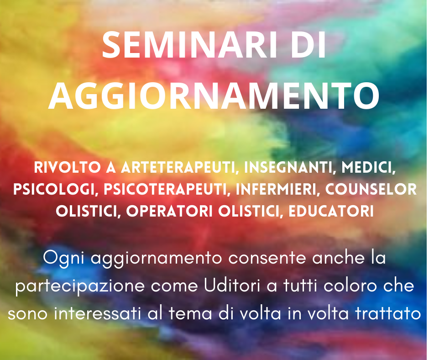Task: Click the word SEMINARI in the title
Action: coord(189,45)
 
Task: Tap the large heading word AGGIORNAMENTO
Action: coord(214,95)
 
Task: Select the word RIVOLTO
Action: coord(67,167)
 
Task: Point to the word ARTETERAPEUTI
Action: coord(178,167)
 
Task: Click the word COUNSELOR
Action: coord(371,189)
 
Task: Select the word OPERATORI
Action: coord(169,211)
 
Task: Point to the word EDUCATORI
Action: coord(331,211)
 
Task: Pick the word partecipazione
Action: coord(79,286)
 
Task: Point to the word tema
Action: coord(190,313)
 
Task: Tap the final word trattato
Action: coord(388,313)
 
